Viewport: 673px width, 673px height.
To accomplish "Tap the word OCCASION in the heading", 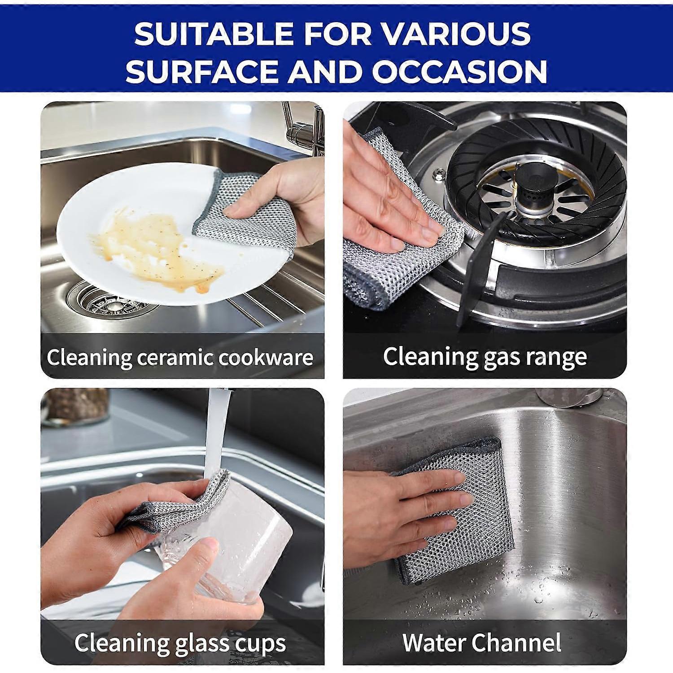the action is click(459, 71).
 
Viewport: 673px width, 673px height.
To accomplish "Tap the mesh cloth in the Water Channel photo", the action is click(453, 511).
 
